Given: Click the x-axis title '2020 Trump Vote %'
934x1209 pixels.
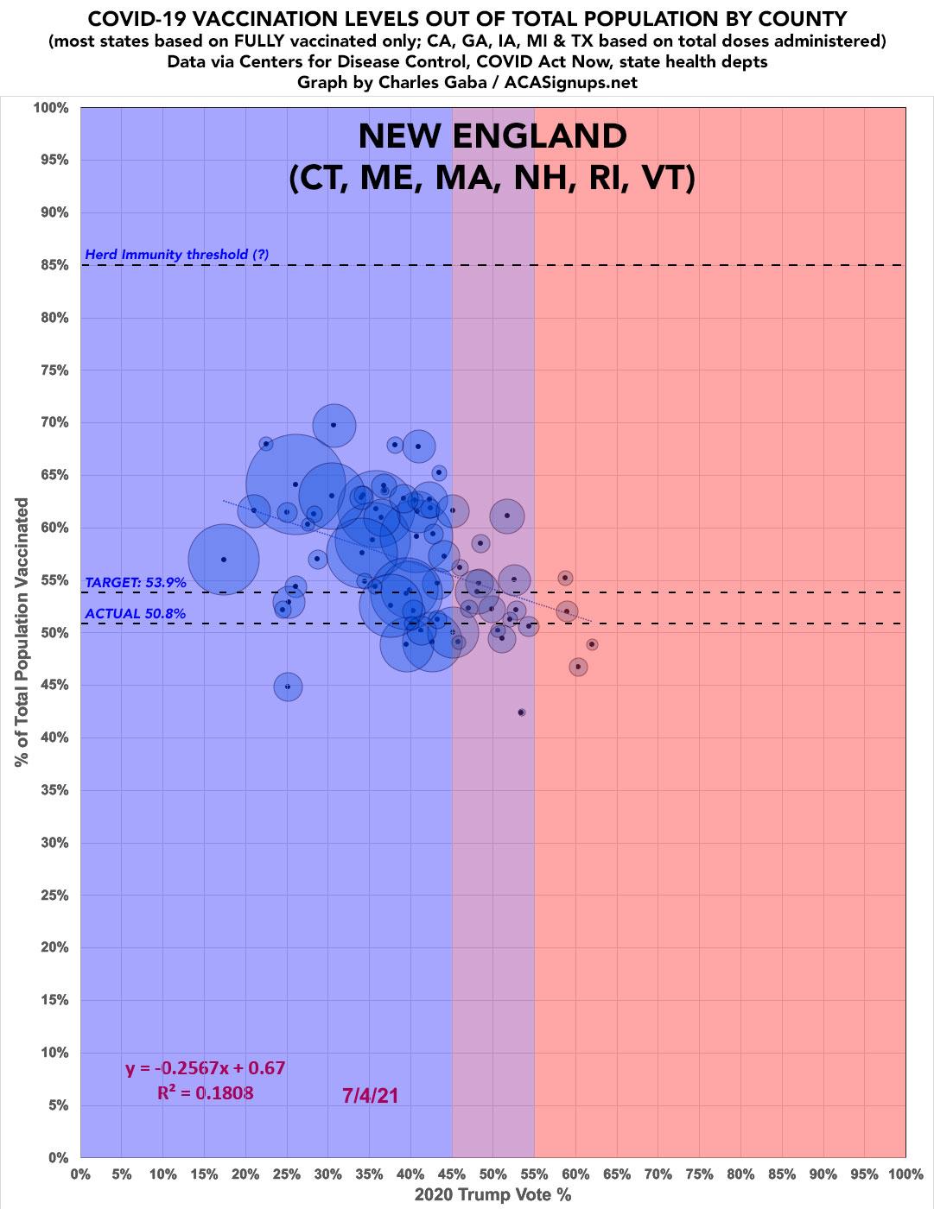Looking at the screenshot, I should pos(492,1195).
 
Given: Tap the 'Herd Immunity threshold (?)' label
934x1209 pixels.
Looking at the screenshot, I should pos(177,255).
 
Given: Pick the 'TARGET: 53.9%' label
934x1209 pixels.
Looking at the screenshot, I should pos(136,583).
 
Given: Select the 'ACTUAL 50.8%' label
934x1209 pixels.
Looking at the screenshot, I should pos(136,614).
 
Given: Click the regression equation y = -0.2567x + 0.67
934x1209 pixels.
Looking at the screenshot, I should pos(206,1068).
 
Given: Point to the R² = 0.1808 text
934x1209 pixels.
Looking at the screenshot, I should pos(206,1093).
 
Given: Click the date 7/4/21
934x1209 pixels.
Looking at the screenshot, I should pos(370,1095).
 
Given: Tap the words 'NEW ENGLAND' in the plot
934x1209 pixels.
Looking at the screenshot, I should pos(492,136).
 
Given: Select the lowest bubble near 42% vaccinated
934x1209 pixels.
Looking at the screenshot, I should pos(521,712).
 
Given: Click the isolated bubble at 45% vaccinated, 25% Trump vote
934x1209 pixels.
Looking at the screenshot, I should pos(288,687).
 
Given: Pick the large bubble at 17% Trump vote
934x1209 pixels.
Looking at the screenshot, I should pos(224,560).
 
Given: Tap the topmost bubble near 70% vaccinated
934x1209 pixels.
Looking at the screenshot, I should pos(334,425).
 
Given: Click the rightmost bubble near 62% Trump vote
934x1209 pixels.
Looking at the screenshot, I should pos(592,644).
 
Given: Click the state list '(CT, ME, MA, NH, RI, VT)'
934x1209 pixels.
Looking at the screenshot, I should pos(492,180).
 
